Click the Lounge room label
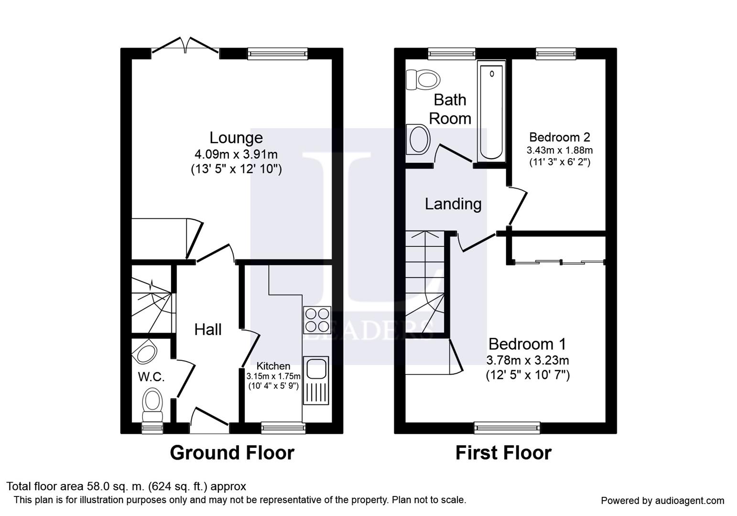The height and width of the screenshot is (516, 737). (x=236, y=138)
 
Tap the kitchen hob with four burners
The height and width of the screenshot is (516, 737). (x=317, y=320)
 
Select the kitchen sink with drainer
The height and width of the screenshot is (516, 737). (x=316, y=380)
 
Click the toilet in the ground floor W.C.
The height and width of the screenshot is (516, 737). (x=152, y=405)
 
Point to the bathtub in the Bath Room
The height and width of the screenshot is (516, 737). (x=491, y=111)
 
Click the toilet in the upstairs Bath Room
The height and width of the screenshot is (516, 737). (x=423, y=80)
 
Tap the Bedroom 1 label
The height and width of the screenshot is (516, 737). (x=527, y=344)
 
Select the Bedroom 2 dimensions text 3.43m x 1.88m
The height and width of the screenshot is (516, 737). (x=560, y=150)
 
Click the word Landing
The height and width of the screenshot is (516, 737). (x=453, y=204)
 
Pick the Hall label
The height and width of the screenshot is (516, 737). (x=207, y=330)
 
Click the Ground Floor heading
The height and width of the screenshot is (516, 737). (x=232, y=453)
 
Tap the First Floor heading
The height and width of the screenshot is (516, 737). (x=503, y=453)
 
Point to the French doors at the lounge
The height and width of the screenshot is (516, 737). (x=185, y=45)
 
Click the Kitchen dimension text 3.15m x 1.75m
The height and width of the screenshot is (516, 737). (x=273, y=376)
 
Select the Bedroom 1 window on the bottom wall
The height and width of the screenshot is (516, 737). (x=507, y=428)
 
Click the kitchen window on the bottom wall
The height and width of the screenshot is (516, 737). (x=283, y=428)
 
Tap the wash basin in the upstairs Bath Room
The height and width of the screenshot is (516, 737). (x=418, y=139)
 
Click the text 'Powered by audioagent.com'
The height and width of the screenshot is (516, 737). (x=662, y=501)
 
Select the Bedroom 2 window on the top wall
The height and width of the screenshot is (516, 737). (x=556, y=54)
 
